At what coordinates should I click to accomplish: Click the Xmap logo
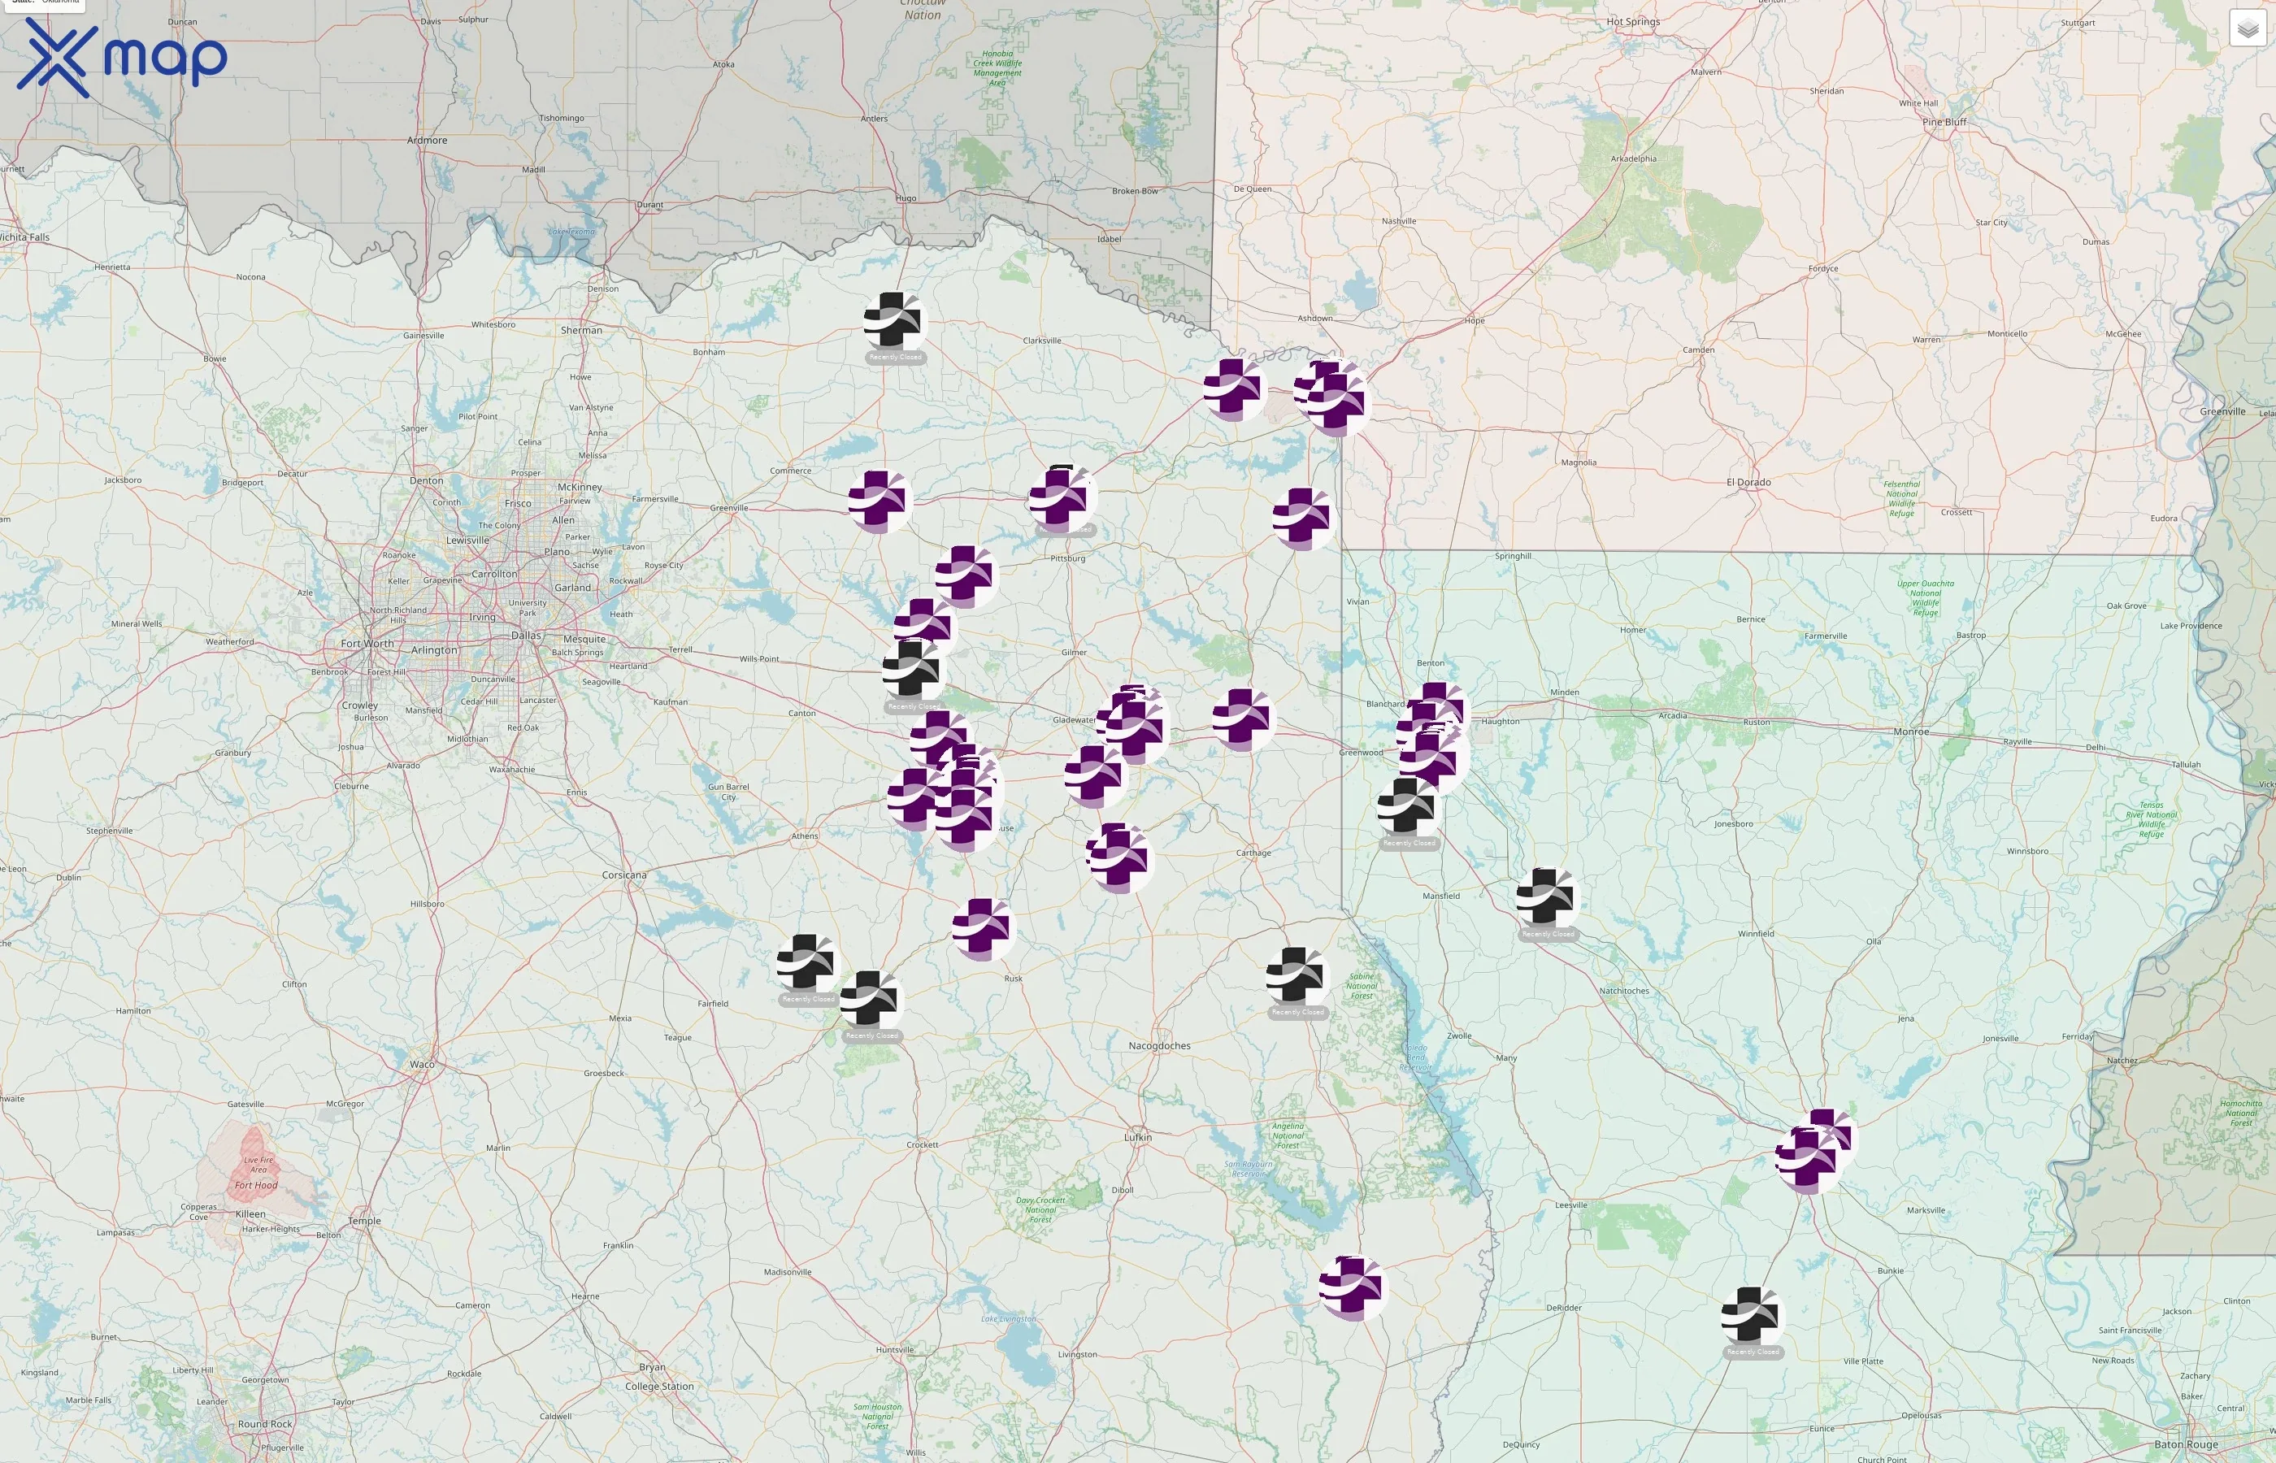[x=122, y=57]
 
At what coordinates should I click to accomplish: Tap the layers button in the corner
[x=2247, y=28]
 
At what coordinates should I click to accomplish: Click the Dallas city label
[x=526, y=636]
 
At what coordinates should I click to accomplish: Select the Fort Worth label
[x=367, y=643]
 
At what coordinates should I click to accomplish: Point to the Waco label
[x=422, y=1064]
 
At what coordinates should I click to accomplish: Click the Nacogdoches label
[x=1159, y=1046]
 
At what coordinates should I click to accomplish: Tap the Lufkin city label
[x=1137, y=1137]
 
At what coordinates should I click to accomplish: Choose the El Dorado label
[x=1748, y=483]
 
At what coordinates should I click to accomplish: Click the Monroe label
[x=1910, y=731]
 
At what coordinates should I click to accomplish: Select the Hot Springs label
[x=1633, y=22]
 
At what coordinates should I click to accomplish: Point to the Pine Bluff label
[x=1944, y=122]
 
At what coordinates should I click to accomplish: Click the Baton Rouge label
[x=2186, y=1444]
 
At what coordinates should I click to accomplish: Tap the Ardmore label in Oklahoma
[x=427, y=141]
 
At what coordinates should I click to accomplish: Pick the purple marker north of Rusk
[x=984, y=928]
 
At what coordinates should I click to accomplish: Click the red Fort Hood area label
[x=257, y=1185]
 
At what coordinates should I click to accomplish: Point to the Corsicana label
[x=624, y=875]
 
